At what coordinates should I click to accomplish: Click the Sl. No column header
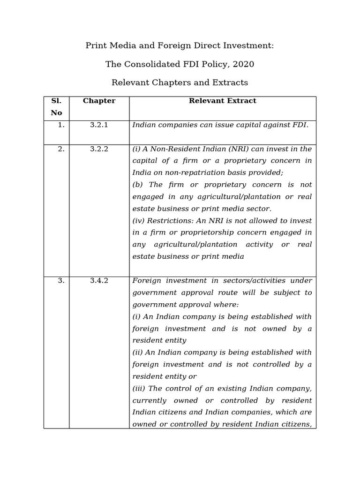56,107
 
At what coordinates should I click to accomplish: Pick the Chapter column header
99,101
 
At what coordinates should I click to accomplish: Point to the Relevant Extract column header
222,101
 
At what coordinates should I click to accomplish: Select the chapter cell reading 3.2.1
99,125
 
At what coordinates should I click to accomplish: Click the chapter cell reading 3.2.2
99,149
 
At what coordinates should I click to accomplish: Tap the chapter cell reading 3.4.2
99,281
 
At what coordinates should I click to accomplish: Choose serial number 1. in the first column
61,125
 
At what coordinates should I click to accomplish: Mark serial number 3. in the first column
61,281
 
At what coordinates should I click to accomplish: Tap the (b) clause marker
138,185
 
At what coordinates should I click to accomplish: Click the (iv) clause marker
139,221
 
